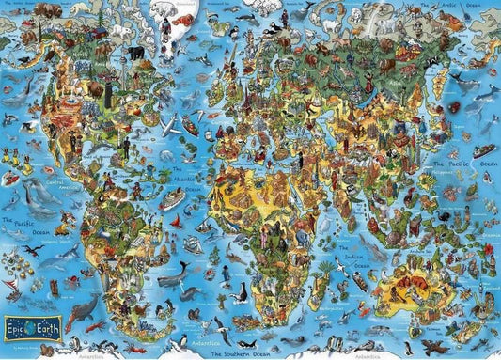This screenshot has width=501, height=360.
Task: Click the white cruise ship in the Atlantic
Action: pos(172,199)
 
